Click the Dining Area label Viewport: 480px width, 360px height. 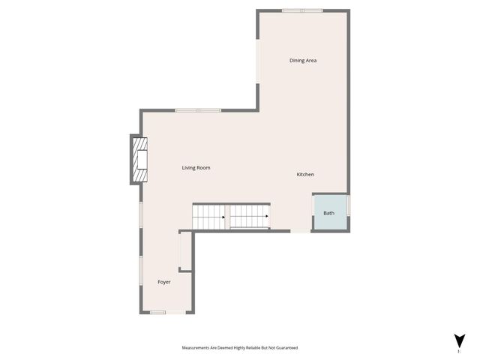(x=303, y=60)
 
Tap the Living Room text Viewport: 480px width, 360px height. (x=196, y=168)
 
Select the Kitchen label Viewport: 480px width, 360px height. (x=305, y=175)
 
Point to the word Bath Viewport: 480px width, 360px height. (x=329, y=213)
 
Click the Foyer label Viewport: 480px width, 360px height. (x=164, y=282)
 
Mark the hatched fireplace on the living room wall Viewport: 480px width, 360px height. (x=139, y=160)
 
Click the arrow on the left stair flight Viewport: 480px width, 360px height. (x=223, y=217)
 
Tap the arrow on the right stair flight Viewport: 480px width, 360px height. (x=267, y=217)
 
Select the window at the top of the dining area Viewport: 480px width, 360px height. (x=302, y=10)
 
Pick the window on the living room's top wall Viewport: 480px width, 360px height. (x=198, y=111)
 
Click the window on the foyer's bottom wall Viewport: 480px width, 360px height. (x=157, y=312)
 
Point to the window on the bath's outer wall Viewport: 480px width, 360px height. (x=349, y=205)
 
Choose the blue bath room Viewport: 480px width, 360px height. (x=330, y=212)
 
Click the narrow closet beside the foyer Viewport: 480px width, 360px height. (x=185, y=251)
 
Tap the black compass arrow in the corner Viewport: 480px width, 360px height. (x=458, y=340)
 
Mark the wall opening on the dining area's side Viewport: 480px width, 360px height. (x=258, y=59)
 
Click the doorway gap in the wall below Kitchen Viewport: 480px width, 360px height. (x=300, y=231)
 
